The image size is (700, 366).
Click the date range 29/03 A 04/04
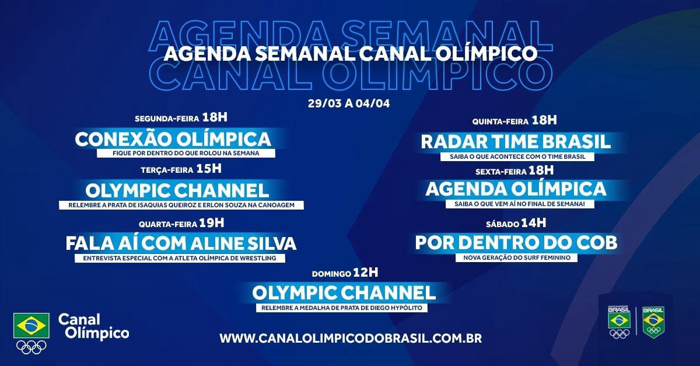pos(349,103)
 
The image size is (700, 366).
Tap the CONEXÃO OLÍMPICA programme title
pos(173,139)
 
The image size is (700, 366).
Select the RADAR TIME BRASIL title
pos(516,142)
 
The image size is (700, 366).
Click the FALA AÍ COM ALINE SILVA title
pos(181,243)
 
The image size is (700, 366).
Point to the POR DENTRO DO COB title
pos(516,242)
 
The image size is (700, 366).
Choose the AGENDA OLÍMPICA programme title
pos(516,189)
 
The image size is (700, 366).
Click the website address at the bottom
pos(351,338)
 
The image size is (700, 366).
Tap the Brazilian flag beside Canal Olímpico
pos(32,325)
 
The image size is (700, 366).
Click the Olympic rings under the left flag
pos(32,347)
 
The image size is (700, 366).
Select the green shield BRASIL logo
pos(653,322)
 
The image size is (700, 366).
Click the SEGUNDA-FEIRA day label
pos(167,119)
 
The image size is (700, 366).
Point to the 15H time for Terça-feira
pos(209,169)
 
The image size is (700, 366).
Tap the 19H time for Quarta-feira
pos(212,223)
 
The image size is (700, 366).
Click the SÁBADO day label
pos(502,224)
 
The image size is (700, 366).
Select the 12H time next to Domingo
pos(366,273)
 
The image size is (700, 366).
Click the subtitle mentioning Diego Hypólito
pos(342,308)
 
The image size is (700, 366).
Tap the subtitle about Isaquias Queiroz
pos(181,205)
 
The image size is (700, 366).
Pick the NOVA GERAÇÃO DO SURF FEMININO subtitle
pos(517,258)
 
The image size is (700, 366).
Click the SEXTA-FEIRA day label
pos(501,172)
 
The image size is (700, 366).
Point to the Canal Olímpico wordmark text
pos(93,326)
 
